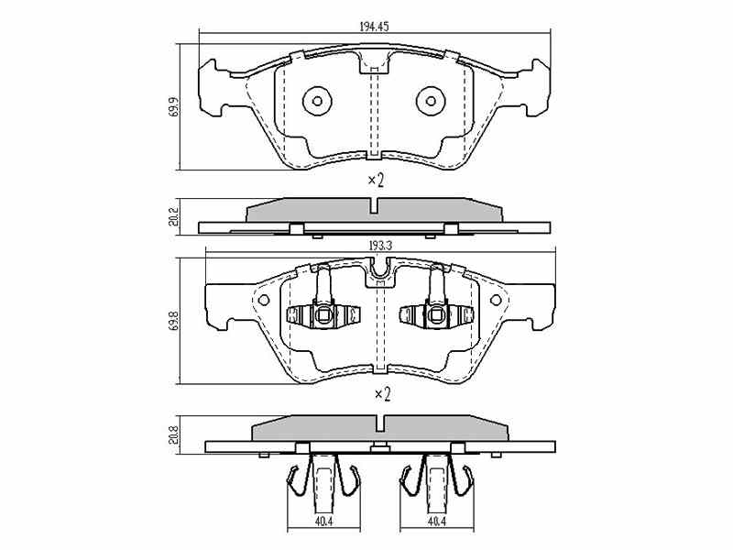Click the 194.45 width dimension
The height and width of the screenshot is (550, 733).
click(x=374, y=27)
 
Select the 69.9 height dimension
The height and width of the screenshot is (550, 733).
click(x=174, y=107)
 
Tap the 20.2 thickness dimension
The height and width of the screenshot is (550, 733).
click(x=174, y=216)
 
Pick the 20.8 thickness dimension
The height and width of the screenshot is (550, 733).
click(x=174, y=434)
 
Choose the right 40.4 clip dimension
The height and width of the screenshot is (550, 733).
click(x=436, y=522)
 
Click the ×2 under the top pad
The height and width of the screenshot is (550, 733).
click(x=376, y=180)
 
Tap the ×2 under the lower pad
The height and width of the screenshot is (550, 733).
click(x=382, y=394)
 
